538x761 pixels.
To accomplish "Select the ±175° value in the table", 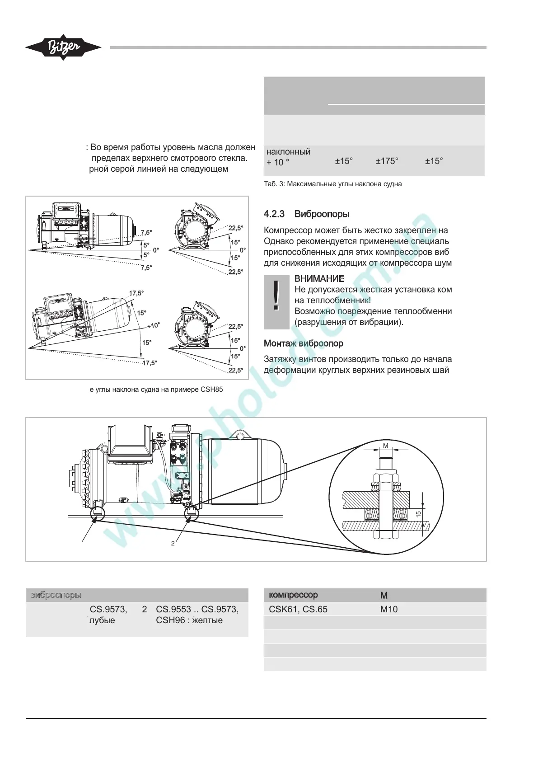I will coord(387,161).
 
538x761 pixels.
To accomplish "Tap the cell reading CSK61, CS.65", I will coord(298,609).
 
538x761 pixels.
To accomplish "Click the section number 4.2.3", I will coord(274,214).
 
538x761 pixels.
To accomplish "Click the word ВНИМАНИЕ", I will coord(319,279).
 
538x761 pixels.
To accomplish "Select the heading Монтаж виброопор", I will coord(303,343).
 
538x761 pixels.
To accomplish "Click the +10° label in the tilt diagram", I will coord(153,325).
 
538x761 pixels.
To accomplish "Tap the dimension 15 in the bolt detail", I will coord(418,514).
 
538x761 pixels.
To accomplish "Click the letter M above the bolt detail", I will coord(385,446).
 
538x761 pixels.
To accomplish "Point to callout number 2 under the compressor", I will coord(173,543).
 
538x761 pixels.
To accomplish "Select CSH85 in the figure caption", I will coord(211,390).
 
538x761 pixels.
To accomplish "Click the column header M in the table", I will coord(384,596).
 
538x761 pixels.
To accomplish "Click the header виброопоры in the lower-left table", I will coord(56,595).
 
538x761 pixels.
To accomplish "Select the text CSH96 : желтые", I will coord(189,620).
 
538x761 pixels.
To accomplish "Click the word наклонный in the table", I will coord(288,152).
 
